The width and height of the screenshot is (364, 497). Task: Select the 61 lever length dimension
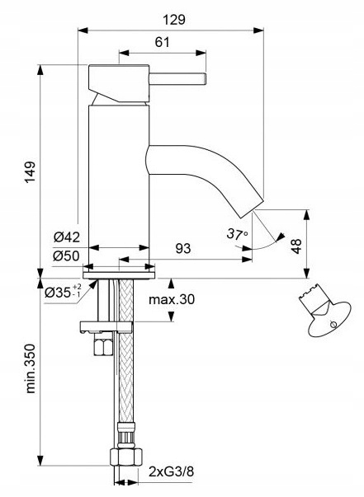click(163, 43)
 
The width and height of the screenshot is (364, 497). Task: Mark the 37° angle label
click(237, 235)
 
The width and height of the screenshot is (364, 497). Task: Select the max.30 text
click(171, 299)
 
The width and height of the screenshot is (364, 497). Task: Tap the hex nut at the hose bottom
click(126, 458)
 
